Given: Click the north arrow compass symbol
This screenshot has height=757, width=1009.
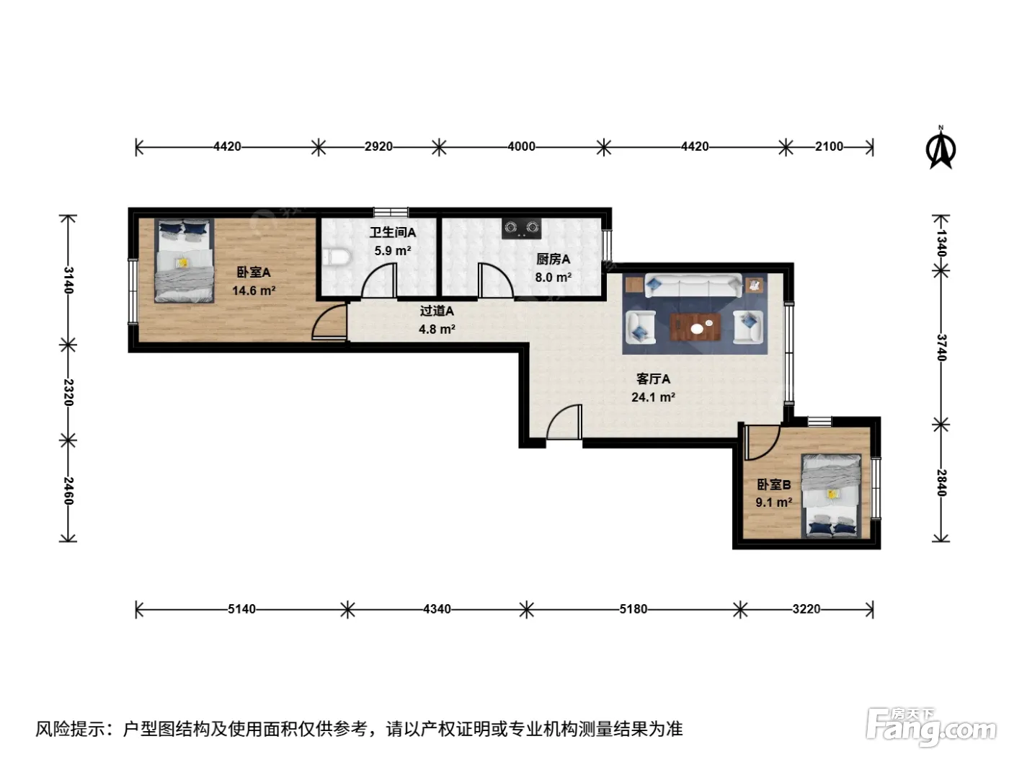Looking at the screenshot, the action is coord(941,148).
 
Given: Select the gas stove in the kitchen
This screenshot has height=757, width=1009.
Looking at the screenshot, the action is coord(521,229).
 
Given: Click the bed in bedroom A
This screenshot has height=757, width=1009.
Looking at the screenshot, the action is coord(185,260).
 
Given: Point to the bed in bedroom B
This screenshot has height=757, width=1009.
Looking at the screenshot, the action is coord(831,496).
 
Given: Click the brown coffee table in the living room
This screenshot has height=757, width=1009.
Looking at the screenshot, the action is coord(695,327).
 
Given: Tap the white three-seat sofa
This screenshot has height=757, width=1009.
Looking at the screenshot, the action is coord(693,285).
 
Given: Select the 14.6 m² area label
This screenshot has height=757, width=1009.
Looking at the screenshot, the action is coord(254,291).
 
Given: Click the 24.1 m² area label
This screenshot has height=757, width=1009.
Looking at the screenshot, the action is coord(653,397).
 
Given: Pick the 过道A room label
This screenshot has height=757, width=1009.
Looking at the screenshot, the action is coord(437,311).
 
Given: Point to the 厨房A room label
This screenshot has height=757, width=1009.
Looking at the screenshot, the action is coord(553,260).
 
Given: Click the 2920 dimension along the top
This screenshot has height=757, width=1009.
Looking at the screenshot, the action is coord(379,146).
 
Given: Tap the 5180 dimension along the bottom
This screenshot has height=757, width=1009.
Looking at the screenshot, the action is coord(634,609).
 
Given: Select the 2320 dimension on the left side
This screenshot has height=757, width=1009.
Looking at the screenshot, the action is coord(68,392).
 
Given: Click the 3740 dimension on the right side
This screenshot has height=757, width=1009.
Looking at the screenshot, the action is coord(941,347).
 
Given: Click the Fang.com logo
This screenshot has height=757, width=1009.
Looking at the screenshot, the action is coord(931,727).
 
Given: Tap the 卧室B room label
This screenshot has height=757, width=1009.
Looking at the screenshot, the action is coord(774,484).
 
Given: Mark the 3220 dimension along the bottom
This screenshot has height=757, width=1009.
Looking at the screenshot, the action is coord(806,609).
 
